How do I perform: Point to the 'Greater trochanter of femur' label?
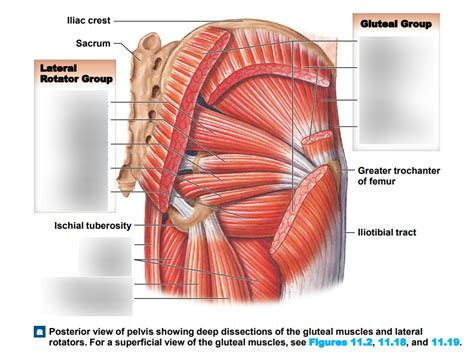tap(397, 177)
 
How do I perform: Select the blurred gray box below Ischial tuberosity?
tap(104, 258)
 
